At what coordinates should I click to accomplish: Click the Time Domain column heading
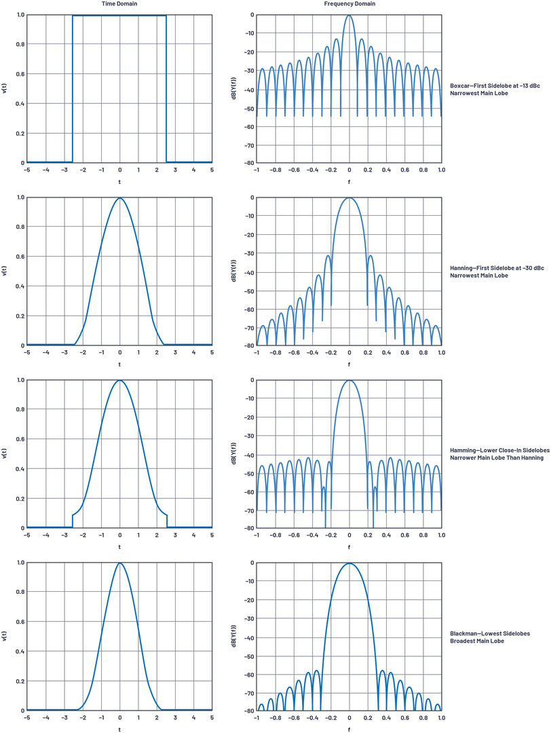[119, 4]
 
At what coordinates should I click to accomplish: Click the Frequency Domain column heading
[349, 4]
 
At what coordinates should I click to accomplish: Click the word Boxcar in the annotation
[461, 85]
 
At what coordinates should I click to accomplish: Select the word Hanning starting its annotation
[462, 268]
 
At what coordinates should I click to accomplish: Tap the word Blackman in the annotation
[464, 633]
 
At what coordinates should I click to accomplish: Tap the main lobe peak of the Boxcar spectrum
[349, 16]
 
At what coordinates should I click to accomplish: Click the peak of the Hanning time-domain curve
[119, 199]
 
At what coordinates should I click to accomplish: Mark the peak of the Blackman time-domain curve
[119, 563]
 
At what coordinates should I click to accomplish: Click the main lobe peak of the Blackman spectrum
[349, 563]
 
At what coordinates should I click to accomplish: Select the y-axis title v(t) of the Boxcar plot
[5, 89]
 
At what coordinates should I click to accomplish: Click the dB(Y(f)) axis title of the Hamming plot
[234, 454]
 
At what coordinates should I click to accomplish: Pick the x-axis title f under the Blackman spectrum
[349, 729]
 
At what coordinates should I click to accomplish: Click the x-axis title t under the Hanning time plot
[119, 364]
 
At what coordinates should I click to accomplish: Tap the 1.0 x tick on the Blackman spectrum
[441, 717]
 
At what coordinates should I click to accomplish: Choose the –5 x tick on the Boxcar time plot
[27, 170]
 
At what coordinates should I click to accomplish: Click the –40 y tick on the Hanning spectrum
[249, 272]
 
